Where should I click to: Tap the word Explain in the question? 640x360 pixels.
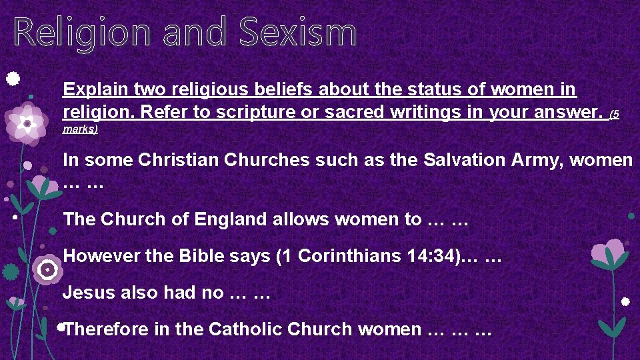tap(95, 89)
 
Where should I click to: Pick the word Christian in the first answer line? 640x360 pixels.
tap(168, 160)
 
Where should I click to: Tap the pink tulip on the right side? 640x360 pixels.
tap(608, 252)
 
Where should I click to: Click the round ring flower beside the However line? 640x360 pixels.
tap(47, 269)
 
